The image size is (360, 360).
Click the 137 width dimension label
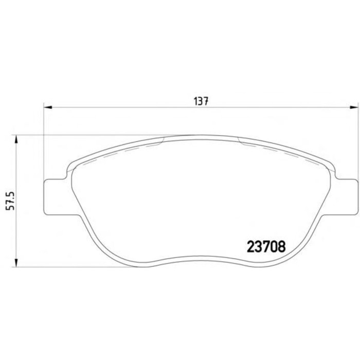201,101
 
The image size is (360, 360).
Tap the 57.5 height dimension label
10,201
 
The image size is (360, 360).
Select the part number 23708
266,247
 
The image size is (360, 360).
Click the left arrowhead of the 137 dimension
48,107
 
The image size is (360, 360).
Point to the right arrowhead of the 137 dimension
353,107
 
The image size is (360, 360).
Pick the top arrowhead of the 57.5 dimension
16,139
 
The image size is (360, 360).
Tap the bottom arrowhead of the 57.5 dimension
16,262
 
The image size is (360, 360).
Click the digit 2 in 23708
251,247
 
